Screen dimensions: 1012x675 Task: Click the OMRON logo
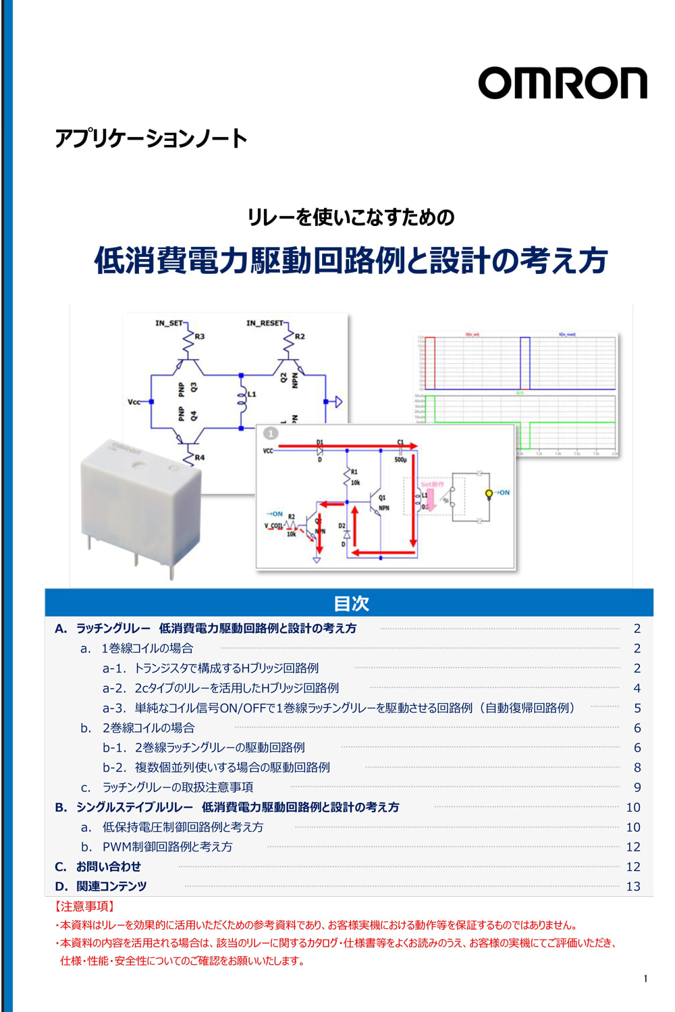tap(562, 84)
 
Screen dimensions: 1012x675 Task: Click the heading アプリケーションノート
tap(151, 138)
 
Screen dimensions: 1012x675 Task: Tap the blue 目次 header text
tap(351, 603)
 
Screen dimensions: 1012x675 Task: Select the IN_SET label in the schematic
tap(169, 323)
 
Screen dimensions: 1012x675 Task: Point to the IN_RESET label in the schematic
tap(265, 323)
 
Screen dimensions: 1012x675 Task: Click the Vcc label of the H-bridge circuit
tap(134, 401)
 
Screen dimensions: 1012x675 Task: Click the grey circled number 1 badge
tap(270, 433)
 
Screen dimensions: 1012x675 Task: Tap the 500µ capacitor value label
tap(400, 460)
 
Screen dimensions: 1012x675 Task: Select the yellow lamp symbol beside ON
tap(489, 494)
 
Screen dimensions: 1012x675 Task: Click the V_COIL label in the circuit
tap(273, 526)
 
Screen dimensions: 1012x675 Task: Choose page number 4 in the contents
tap(637, 688)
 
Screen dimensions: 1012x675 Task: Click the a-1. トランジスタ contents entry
tap(211, 668)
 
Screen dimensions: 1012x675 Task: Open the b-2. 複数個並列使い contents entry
tap(216, 767)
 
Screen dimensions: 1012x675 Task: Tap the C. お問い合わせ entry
tap(99, 866)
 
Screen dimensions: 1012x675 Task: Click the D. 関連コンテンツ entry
tap(101, 886)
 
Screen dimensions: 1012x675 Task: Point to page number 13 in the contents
tap(633, 887)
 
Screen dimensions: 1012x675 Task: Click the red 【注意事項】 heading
tap(84, 906)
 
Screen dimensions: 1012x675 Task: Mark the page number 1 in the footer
tap(645, 978)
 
